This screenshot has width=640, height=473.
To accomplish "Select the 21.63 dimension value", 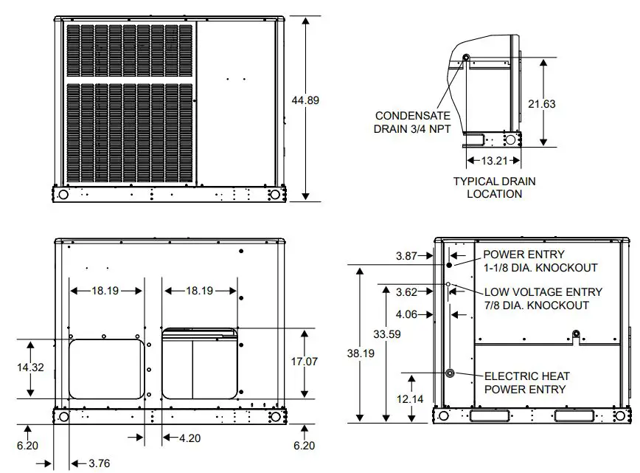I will [542, 104].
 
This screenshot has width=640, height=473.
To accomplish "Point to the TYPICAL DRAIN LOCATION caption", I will [494, 187].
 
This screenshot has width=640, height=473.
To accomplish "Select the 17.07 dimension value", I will [304, 362].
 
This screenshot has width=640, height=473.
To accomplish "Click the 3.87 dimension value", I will [406, 256].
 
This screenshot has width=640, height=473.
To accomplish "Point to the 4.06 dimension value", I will [406, 314].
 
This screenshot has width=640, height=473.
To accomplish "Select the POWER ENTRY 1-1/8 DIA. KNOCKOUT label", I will [540, 261].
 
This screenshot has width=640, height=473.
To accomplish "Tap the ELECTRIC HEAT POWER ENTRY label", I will [526, 383].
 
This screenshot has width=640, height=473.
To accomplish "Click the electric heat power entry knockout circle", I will [449, 373].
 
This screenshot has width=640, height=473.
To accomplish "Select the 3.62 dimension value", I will [406, 292].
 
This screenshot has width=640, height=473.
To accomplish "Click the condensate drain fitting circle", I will [466, 58].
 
